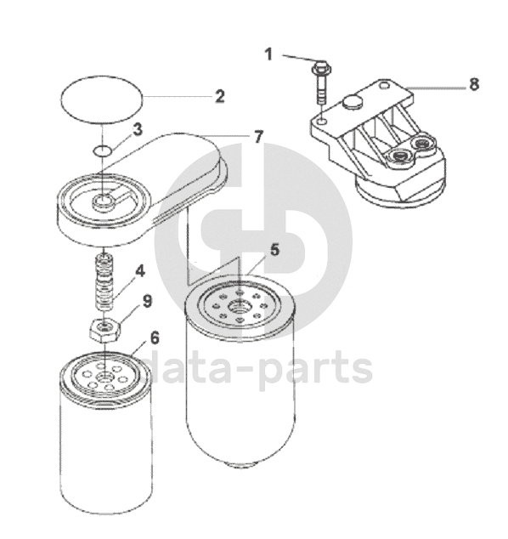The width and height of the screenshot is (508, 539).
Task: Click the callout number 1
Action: (268, 54)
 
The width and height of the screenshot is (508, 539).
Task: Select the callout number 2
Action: (220, 97)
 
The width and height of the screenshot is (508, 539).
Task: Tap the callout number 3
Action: (137, 130)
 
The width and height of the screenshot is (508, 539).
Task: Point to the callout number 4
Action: (140, 271)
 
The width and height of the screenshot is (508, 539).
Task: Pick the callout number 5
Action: (274, 250)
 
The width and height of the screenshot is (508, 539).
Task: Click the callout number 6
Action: (155, 338)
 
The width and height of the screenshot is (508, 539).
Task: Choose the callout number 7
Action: (258, 137)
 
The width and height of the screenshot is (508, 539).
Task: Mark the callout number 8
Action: (474, 84)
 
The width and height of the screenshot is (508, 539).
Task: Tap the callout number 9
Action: (147, 302)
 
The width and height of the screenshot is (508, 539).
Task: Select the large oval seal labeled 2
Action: (101, 99)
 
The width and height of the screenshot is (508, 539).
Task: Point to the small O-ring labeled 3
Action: (102, 150)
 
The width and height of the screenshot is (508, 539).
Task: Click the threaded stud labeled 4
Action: (104, 281)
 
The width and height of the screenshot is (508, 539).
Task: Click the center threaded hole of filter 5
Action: (240, 305)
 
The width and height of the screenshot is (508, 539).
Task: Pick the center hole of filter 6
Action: (104, 377)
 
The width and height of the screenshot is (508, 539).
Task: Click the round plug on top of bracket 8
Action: (353, 102)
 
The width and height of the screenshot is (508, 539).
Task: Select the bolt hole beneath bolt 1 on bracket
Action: (322, 121)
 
